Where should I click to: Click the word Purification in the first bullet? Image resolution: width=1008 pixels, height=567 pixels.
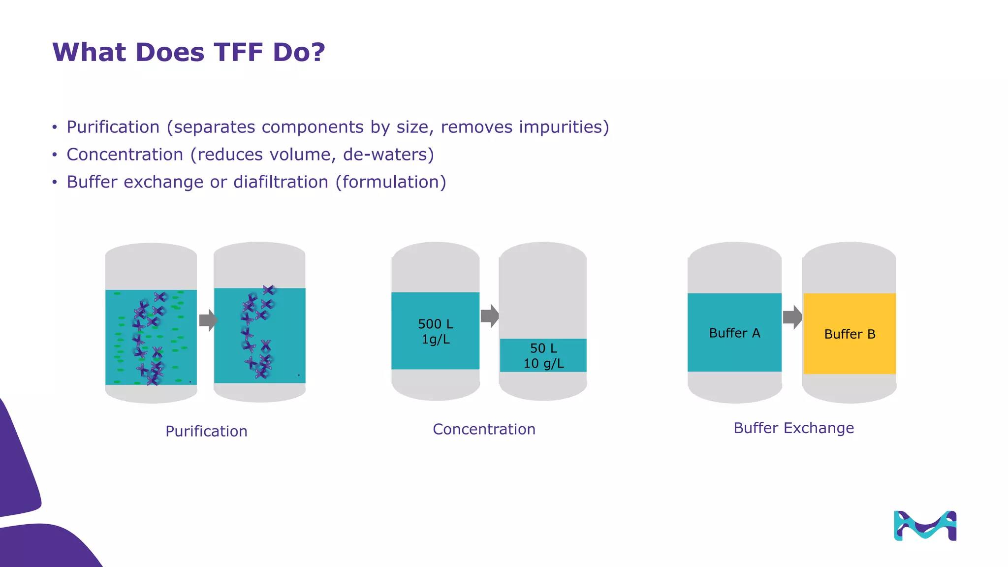pyautogui.click(x=113, y=127)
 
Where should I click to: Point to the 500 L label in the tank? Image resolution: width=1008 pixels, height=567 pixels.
pyautogui.click(x=436, y=324)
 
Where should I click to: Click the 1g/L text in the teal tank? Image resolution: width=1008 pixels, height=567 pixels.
pyautogui.click(x=436, y=339)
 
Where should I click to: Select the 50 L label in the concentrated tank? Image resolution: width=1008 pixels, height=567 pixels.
pyautogui.click(x=543, y=348)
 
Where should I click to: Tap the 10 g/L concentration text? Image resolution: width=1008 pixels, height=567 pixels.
pyautogui.click(x=543, y=364)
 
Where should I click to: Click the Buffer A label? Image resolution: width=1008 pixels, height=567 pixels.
pyautogui.click(x=734, y=333)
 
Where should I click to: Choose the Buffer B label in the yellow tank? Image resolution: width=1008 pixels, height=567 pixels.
pyautogui.click(x=850, y=334)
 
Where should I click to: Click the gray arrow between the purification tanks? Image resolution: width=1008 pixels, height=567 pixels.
pyautogui.click(x=208, y=320)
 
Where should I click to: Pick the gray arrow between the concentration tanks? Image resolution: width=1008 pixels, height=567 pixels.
pyautogui.click(x=490, y=316)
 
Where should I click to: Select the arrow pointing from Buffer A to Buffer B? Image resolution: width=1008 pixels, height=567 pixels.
pyautogui.click(x=792, y=317)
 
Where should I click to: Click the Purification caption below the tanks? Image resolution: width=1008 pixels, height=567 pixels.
pyautogui.click(x=206, y=431)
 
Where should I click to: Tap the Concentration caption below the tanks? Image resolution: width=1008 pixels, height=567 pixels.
pyautogui.click(x=484, y=429)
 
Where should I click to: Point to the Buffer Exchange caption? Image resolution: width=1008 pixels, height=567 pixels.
pyautogui.click(x=793, y=428)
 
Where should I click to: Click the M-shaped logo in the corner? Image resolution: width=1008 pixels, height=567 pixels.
pyautogui.click(x=925, y=526)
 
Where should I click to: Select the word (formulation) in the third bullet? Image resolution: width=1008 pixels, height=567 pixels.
pyautogui.click(x=391, y=182)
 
